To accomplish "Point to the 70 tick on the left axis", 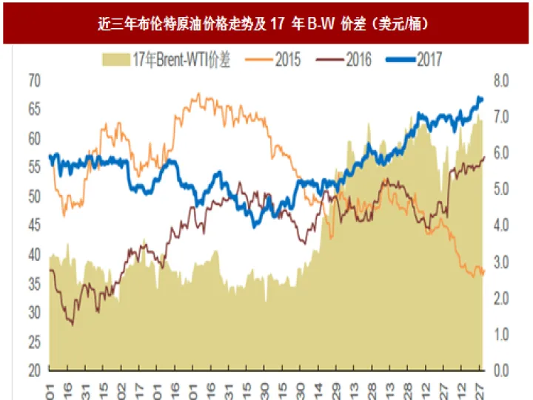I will click(34, 81).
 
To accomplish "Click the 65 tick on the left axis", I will click(34, 109).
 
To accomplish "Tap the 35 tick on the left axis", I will click(34, 283).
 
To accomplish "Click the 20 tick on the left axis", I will click(34, 370).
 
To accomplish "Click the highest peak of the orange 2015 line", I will click(197, 95).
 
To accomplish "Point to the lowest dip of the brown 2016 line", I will click(71, 324).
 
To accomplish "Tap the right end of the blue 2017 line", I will click(483, 99).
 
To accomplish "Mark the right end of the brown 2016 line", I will click(484, 157).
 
